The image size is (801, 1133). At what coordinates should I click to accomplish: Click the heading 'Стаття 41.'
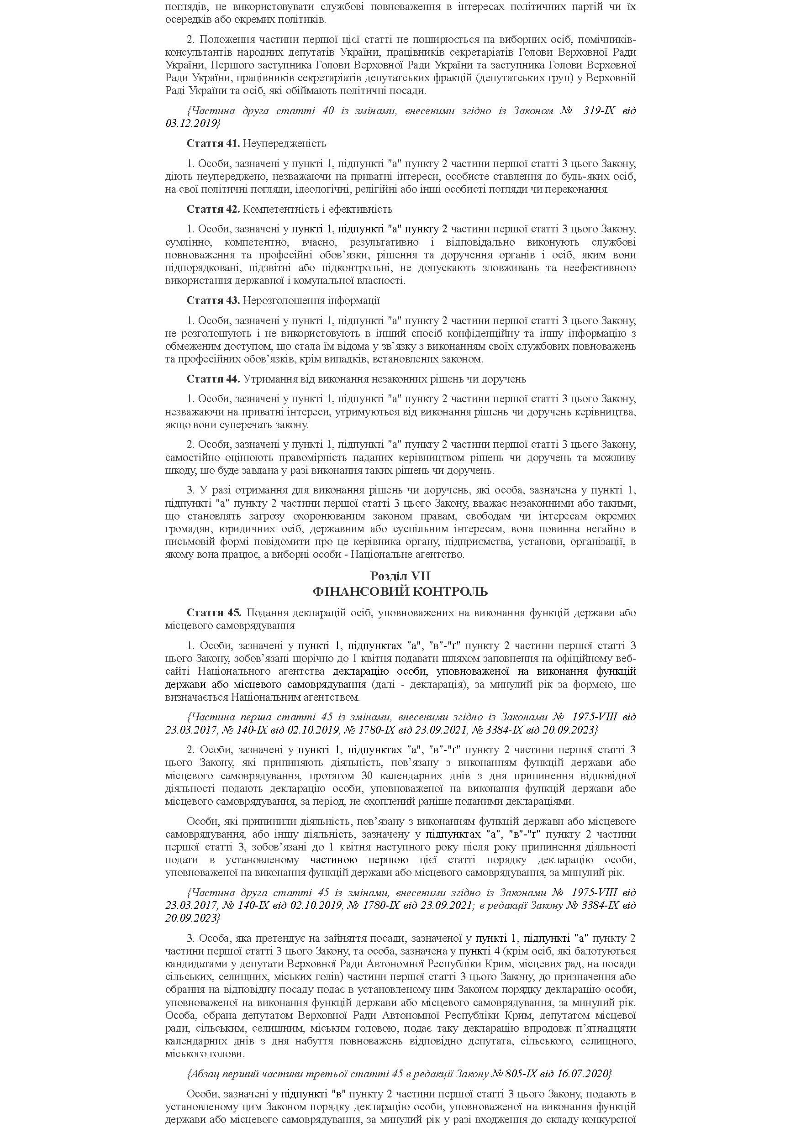[x=213, y=144]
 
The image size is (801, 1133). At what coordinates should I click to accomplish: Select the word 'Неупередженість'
[x=285, y=144]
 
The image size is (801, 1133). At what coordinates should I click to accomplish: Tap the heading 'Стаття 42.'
[x=213, y=209]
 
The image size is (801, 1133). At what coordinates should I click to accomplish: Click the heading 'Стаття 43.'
[x=213, y=300]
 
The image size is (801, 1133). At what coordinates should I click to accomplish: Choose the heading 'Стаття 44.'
[x=213, y=379]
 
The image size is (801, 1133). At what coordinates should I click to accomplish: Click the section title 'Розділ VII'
[x=400, y=577]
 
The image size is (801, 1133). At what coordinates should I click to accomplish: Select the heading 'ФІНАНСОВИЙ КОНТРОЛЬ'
[x=400, y=591]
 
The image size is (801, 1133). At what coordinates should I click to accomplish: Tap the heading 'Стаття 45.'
[x=214, y=613]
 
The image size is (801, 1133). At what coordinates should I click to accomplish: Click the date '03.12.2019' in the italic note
[x=191, y=123]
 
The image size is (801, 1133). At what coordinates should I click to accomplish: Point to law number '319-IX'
[x=599, y=110]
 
